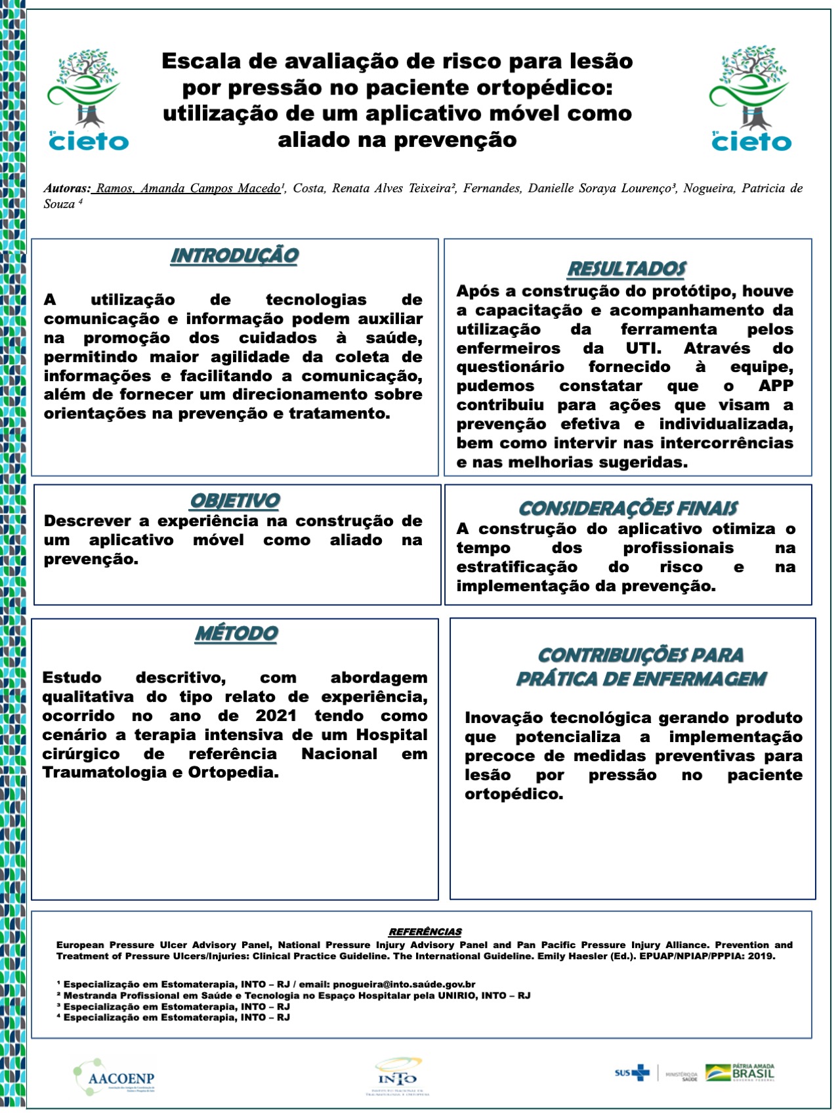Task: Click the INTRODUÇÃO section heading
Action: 234,256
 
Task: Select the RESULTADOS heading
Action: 627,269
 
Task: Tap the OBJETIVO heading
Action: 235,501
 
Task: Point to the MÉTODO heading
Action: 236,634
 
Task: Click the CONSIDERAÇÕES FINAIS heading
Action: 628,508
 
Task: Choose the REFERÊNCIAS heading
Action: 425,932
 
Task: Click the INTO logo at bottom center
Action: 397,1076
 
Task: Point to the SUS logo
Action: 631,1073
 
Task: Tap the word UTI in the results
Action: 643,348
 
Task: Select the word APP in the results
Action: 776,386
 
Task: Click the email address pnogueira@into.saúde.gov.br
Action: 404,984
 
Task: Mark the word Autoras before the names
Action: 67,188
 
